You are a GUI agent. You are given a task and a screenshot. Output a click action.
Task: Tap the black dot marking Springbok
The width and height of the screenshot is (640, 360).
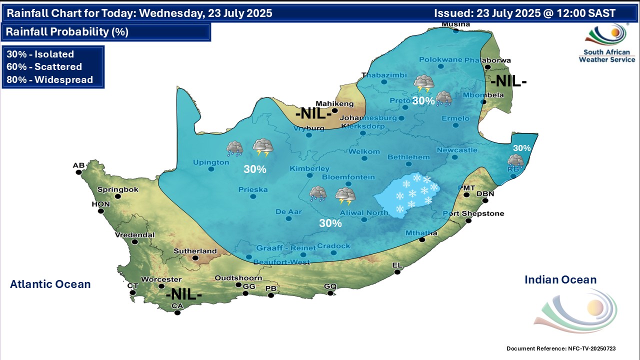118,196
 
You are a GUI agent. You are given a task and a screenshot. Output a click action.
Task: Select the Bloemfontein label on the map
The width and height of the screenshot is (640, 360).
348,177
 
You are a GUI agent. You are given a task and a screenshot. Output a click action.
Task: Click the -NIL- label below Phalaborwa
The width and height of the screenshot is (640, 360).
508,81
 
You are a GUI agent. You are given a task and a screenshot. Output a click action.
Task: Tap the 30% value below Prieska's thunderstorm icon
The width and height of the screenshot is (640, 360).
254,169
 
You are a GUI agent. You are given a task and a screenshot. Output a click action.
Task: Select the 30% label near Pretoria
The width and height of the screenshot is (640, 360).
423,100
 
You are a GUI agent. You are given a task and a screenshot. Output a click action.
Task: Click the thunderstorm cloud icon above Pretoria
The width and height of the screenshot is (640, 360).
424,83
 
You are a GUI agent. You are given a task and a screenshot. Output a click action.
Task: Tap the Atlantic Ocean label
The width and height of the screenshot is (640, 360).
50,284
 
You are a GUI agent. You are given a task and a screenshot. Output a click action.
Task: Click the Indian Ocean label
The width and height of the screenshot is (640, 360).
560,280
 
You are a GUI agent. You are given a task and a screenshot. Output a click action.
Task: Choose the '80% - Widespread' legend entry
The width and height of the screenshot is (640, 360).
49,79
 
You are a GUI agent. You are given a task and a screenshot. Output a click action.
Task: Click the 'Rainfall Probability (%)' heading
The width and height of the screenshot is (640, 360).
67,32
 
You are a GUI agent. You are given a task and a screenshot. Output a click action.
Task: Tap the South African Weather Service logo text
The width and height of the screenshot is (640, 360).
606,55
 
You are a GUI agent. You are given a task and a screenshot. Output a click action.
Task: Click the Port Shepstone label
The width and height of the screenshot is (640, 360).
473,214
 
